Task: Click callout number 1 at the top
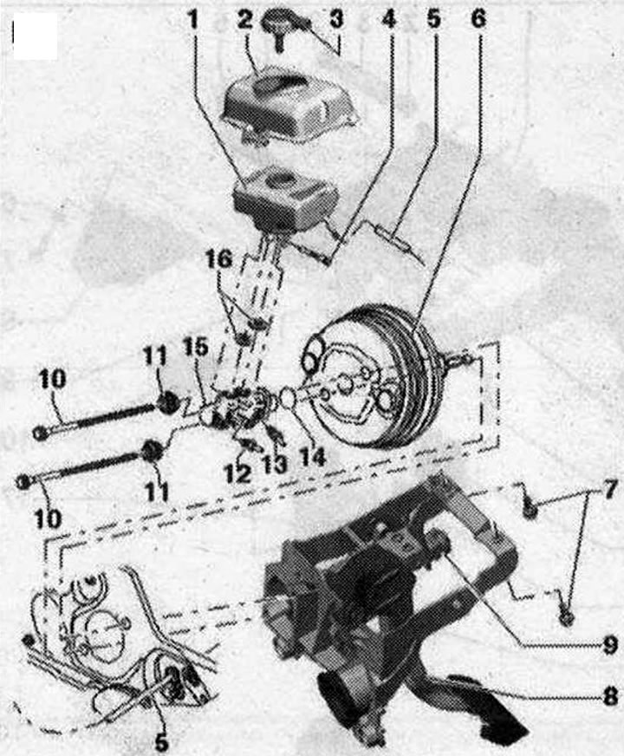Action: pyautogui.click(x=192, y=21)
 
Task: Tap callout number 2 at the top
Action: pyautogui.click(x=244, y=21)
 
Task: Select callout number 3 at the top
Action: pyautogui.click(x=336, y=20)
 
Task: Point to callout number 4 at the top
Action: pyautogui.click(x=388, y=20)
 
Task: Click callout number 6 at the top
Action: pyautogui.click(x=478, y=20)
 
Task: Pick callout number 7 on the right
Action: pyautogui.click(x=608, y=491)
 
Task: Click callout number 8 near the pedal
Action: pyautogui.click(x=609, y=696)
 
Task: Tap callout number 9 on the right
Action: pyautogui.click(x=609, y=645)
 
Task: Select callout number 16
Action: pyautogui.click(x=218, y=259)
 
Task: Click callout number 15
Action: pyautogui.click(x=195, y=347)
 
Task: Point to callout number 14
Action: pyautogui.click(x=312, y=457)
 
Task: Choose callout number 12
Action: pyautogui.click(x=237, y=473)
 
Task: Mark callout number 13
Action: pyautogui.click(x=274, y=464)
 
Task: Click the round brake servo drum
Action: pyautogui.click(x=374, y=377)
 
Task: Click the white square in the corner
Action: pyautogui.click(x=36, y=36)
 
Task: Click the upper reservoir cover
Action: pyautogui.click(x=290, y=108)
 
